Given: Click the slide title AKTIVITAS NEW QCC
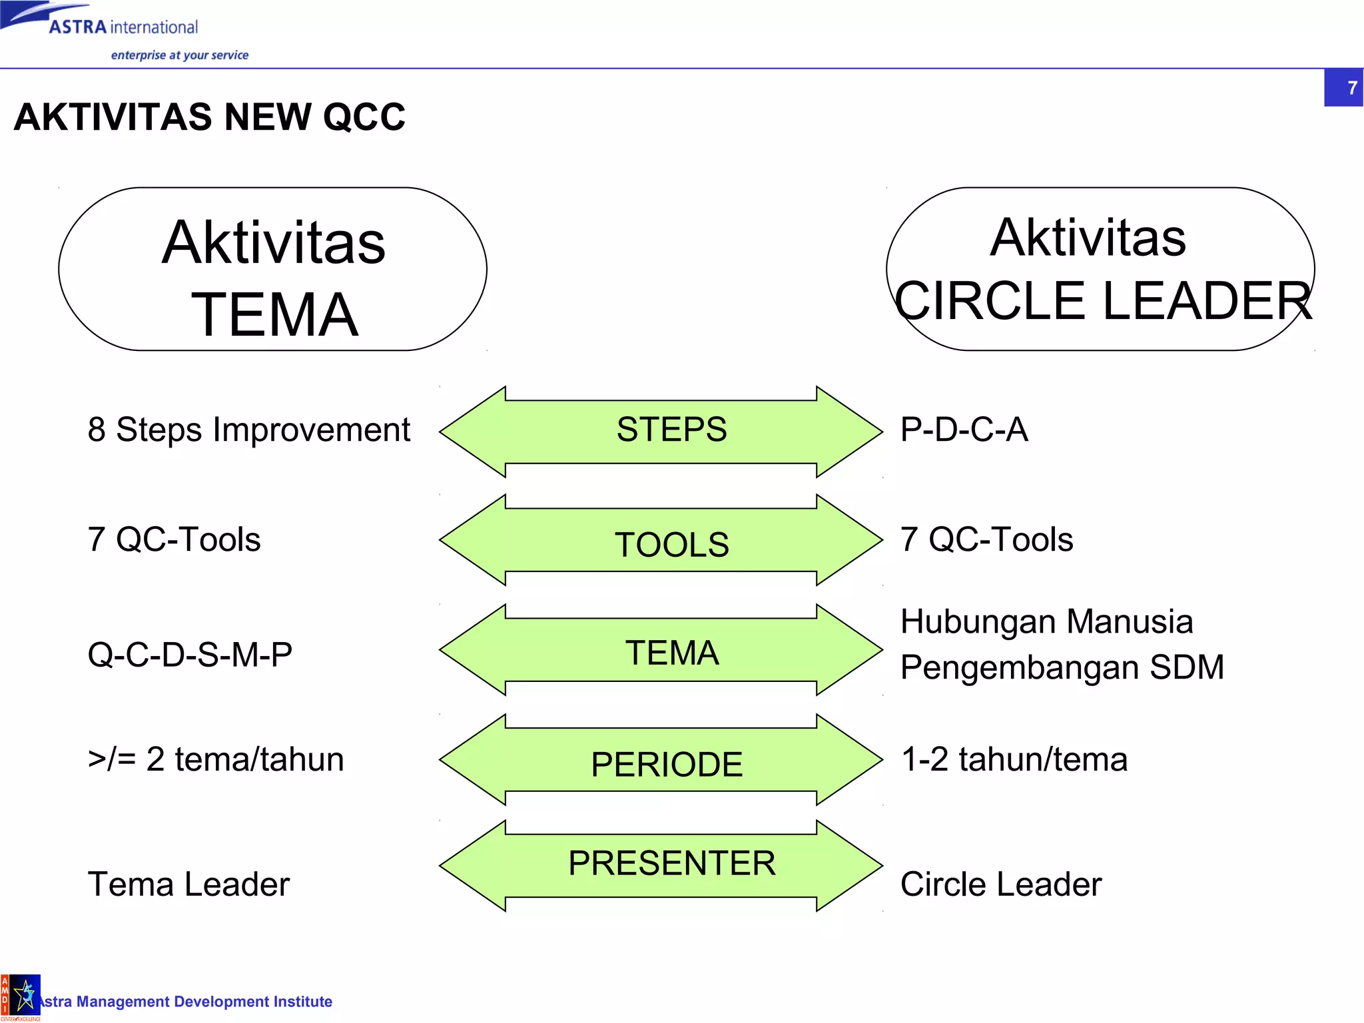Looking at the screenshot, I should point(209,117).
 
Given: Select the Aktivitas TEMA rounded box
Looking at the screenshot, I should point(273,269).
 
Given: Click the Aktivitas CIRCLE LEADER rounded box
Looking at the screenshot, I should point(1100,269).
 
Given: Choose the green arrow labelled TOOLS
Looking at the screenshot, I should point(661,541).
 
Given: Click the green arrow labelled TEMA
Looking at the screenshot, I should point(661,651).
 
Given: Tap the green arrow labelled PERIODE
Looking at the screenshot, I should point(661,761).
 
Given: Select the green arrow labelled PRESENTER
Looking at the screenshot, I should point(661,866).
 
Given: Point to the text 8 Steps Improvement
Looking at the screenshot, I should point(248,430).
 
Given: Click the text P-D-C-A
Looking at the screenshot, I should point(964,430).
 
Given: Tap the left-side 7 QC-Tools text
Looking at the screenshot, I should point(174,539).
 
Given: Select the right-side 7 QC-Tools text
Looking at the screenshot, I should point(986,539).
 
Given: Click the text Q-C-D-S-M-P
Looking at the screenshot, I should point(190,655).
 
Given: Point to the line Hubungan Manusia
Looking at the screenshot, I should point(1046,622).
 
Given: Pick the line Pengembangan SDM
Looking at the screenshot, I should point(1062,667).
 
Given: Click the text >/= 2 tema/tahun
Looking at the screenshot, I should point(216,759).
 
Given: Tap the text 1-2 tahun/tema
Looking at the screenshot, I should point(1014,759).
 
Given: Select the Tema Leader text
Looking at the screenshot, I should point(188,884).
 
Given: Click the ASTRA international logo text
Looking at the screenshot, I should point(124,27).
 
